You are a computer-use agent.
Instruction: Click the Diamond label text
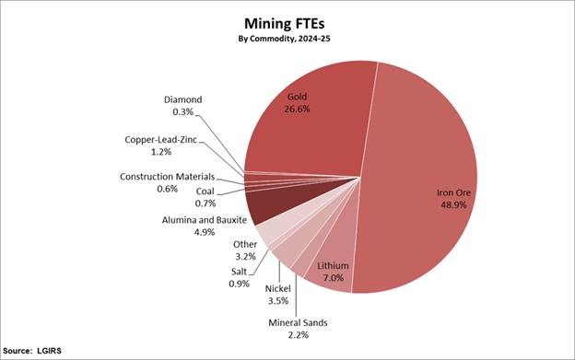tap(182, 99)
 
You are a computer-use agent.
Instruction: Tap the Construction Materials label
tap(167, 176)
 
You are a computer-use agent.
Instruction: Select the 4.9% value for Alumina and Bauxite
tap(203, 232)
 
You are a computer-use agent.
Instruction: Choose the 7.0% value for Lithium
tap(334, 276)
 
